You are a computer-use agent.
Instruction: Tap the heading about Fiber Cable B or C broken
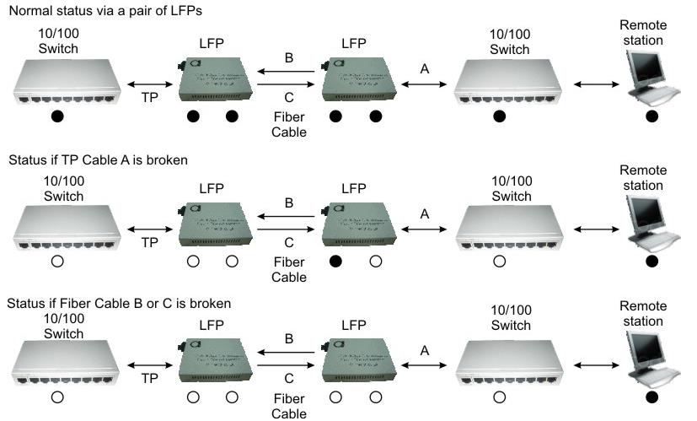click(119, 303)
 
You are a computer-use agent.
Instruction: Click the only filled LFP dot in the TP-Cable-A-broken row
click(335, 262)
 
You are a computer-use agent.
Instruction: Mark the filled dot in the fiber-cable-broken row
click(651, 397)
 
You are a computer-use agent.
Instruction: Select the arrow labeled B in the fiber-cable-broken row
click(288, 354)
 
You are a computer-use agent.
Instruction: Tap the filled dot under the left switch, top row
click(57, 116)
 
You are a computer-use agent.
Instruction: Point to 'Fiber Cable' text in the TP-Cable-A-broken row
click(289, 270)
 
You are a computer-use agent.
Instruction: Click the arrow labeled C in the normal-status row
click(288, 85)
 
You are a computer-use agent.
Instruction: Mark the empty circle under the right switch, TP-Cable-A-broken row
click(500, 262)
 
